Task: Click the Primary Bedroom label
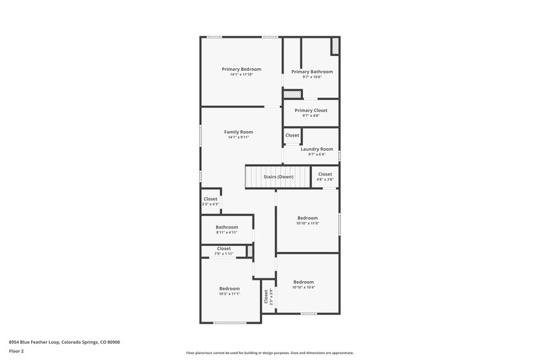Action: [242, 69]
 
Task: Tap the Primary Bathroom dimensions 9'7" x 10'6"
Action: [311, 77]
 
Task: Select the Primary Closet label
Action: [311, 110]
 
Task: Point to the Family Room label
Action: [238, 132]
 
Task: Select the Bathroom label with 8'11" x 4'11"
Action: [227, 228]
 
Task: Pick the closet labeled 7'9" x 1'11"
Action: [223, 251]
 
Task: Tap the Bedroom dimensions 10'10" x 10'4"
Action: [303, 287]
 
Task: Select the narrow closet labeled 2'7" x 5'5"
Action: [267, 297]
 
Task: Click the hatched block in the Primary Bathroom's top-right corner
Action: [334, 46]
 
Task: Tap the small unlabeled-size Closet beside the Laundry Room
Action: [292, 135]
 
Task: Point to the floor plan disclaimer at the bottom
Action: [269, 353]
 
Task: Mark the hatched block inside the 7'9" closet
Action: [250, 251]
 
